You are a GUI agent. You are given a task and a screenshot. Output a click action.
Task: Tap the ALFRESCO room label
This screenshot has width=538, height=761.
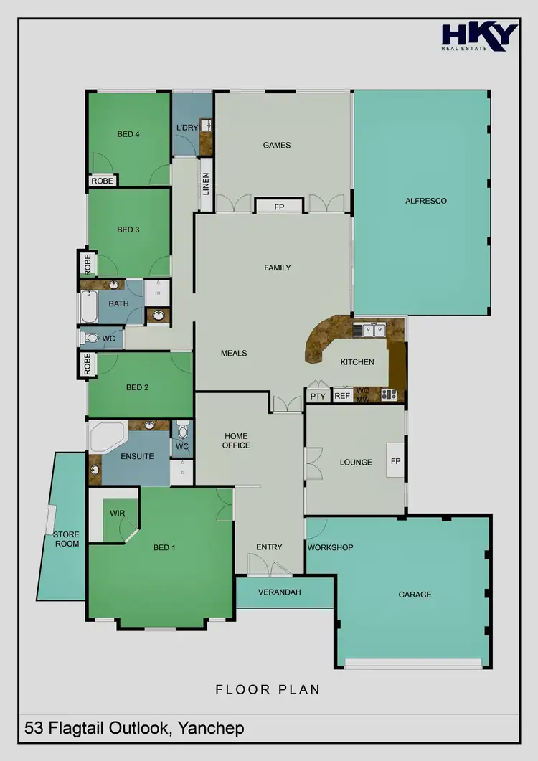[426, 201]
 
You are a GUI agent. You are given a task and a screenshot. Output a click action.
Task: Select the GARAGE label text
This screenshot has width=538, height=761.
[415, 595]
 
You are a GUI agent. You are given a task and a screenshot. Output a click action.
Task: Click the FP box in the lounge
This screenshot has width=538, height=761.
[395, 462]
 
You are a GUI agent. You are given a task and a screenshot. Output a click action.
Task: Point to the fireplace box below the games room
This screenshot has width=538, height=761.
[279, 207]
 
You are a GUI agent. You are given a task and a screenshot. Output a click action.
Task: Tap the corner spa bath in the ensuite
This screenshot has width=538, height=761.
[105, 436]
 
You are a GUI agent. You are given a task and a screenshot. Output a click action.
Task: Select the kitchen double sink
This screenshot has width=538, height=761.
[374, 330]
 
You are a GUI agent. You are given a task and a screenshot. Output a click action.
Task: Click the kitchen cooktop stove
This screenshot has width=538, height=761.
[389, 394]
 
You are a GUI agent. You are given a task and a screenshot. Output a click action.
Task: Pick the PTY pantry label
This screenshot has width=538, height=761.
[317, 396]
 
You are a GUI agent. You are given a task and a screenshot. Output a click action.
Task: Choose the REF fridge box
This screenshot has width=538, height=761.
[342, 396]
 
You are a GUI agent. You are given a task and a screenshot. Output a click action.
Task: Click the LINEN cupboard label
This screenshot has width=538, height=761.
[205, 185]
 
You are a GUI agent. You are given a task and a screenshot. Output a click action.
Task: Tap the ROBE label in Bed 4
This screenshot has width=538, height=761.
[103, 181]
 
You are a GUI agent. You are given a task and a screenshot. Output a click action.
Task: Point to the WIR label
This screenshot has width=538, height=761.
[118, 514]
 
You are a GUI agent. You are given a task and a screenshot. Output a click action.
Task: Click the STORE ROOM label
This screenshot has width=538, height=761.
[66, 539]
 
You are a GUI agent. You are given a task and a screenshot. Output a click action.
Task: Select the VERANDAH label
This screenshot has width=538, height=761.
[279, 592]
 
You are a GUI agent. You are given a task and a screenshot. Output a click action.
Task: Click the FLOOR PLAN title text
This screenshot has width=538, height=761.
[268, 690]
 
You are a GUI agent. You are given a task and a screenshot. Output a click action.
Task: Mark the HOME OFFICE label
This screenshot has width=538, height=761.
[236, 440]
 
